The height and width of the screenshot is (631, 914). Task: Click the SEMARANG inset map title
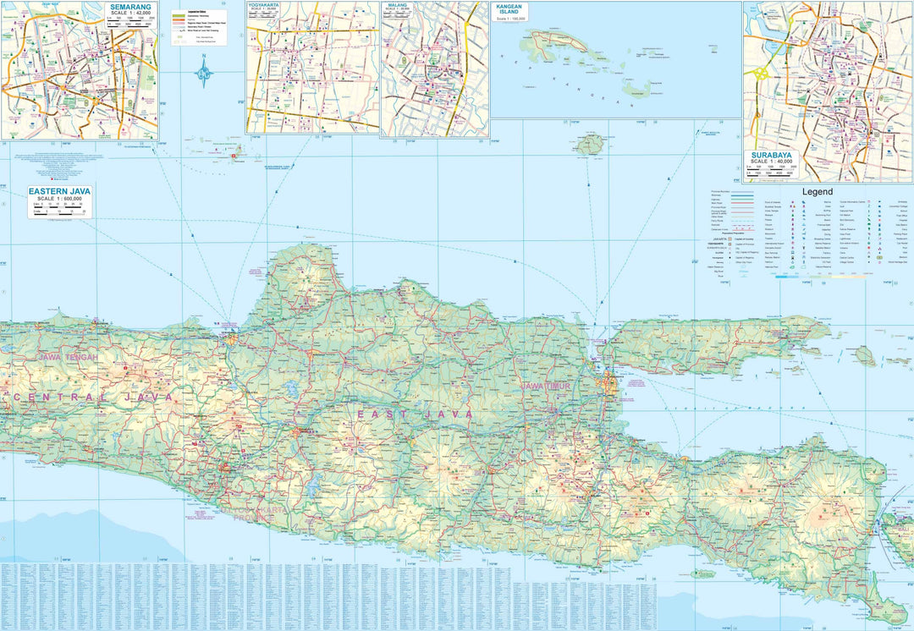(131, 7)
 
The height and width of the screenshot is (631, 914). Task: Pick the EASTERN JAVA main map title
(60, 191)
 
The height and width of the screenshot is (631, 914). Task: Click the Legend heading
(818, 192)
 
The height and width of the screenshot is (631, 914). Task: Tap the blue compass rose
(204, 74)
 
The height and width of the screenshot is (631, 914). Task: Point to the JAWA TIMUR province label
(546, 386)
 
